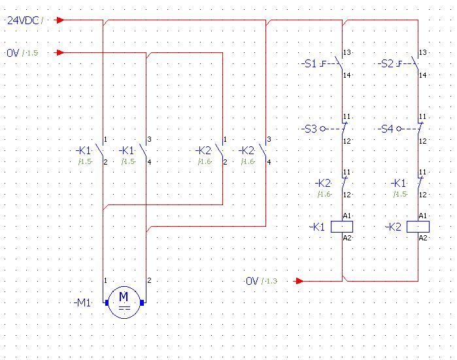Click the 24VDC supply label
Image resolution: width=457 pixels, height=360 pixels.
[x=23, y=20]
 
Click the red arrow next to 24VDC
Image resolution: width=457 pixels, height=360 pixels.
[x=60, y=20]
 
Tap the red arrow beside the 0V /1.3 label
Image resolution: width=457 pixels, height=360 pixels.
[x=299, y=281]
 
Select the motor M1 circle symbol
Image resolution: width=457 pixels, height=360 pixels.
[x=124, y=303]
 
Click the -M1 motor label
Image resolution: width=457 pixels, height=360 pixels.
[x=83, y=303]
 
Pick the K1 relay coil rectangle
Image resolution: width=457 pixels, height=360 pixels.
[x=342, y=227]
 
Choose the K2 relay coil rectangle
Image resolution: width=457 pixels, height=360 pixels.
[x=418, y=227]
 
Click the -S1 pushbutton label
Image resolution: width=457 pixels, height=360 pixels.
[x=309, y=63]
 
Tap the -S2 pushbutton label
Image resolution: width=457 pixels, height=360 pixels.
[x=385, y=63]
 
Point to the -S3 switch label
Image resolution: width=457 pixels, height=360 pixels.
[x=309, y=129]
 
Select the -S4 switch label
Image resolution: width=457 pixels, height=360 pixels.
[x=385, y=129]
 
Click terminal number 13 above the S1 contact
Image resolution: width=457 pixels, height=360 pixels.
[x=347, y=52]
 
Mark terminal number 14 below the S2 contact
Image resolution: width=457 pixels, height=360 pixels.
[x=422, y=75]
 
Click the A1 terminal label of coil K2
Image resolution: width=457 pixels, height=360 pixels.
[x=423, y=216]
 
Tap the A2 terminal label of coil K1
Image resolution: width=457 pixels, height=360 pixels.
[x=347, y=238]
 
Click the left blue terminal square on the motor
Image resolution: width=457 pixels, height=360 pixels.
[x=107, y=303]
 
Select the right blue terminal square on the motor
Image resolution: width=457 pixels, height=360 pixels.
[x=142, y=303]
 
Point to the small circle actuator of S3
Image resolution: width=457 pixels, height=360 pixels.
[x=322, y=129]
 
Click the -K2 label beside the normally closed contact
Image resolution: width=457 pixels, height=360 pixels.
[x=323, y=184]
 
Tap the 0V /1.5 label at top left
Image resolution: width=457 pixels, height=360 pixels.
[x=22, y=53]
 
